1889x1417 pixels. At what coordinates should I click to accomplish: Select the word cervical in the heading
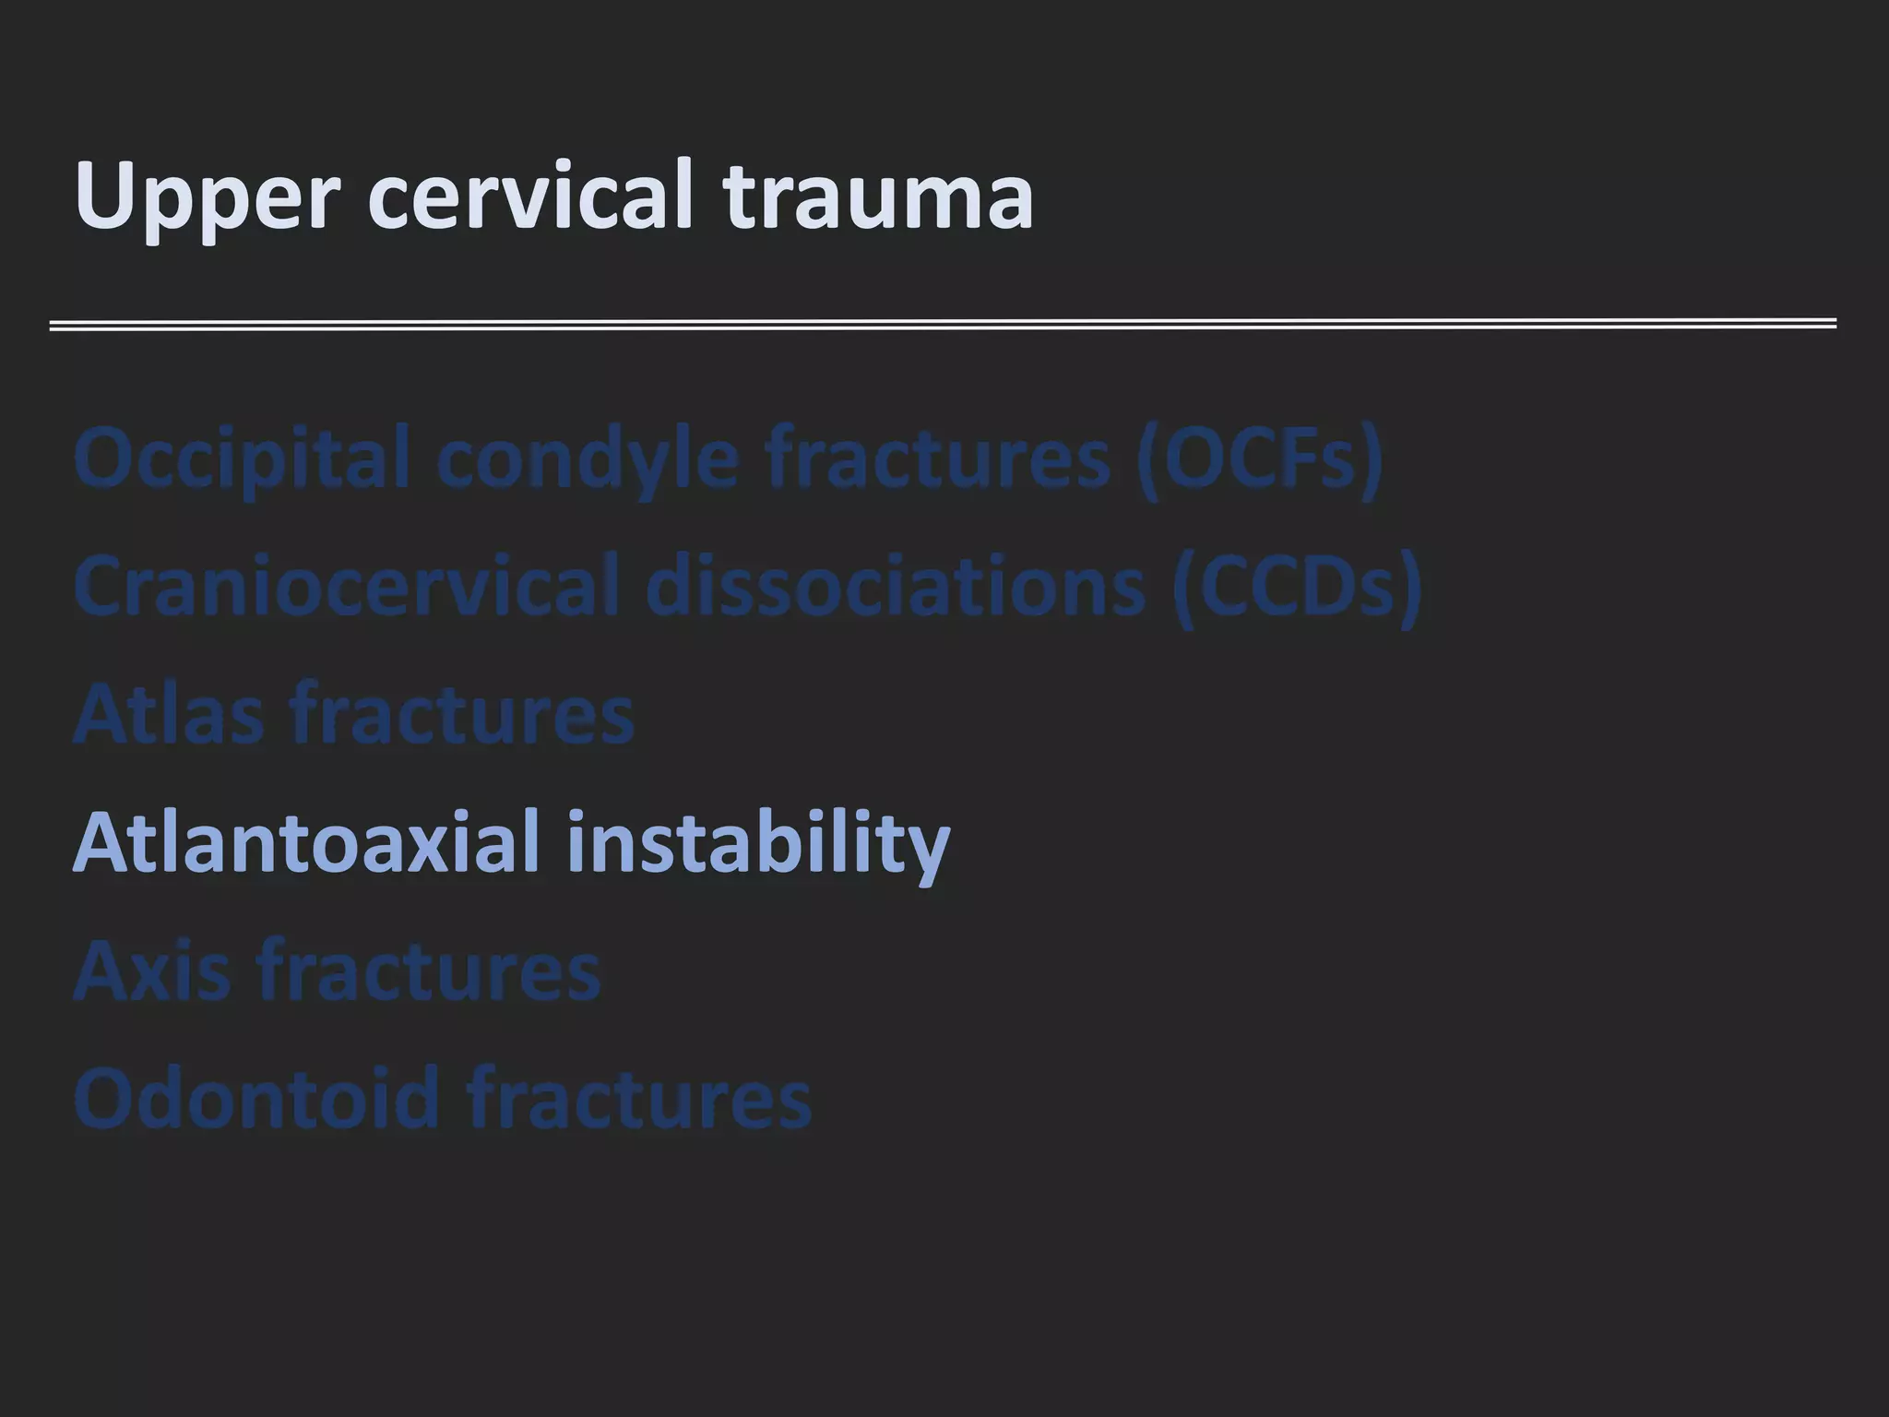530,196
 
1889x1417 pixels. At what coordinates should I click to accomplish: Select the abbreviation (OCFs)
1260,458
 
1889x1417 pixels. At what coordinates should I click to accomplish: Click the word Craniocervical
346,587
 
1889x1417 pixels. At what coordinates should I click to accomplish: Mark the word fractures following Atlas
462,714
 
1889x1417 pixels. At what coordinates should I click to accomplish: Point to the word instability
758,843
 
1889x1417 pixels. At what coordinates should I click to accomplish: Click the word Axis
151,970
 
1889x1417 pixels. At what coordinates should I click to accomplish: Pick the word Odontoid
256,1098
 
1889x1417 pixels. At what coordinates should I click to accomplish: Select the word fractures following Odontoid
638,1098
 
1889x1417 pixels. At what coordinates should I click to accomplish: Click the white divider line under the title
943,324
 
